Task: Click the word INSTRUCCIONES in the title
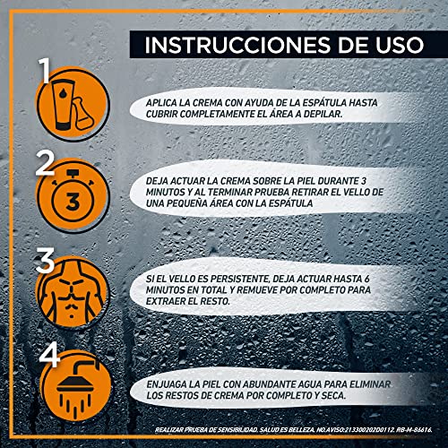tap(237, 45)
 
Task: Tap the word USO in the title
tap(400, 45)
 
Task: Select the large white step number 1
tap(45, 71)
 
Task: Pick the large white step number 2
tap(45, 163)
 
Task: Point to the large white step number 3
tap(46, 260)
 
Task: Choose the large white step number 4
tap(49, 355)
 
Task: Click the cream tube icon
tap(64, 106)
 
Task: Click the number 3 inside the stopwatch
tap(72, 202)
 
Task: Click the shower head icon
tap(77, 388)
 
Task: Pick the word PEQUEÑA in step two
tap(186, 203)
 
